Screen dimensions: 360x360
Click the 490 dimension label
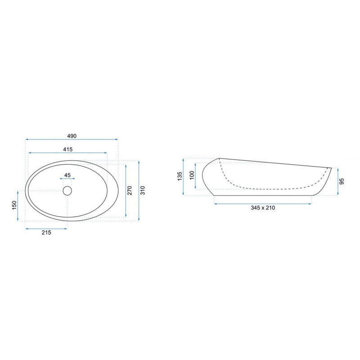tap(72, 136)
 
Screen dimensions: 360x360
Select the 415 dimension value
tap(68, 149)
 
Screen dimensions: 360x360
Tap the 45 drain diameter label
tap(67, 175)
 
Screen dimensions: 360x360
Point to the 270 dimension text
tap(130, 190)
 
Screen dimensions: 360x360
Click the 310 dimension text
tap(143, 190)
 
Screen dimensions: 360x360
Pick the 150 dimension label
tap(14, 205)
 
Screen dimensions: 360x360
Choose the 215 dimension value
tap(46, 233)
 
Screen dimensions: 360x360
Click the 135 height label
tap(180, 176)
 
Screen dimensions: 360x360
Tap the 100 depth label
tap(192, 175)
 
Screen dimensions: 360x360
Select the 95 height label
tap(342, 181)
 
